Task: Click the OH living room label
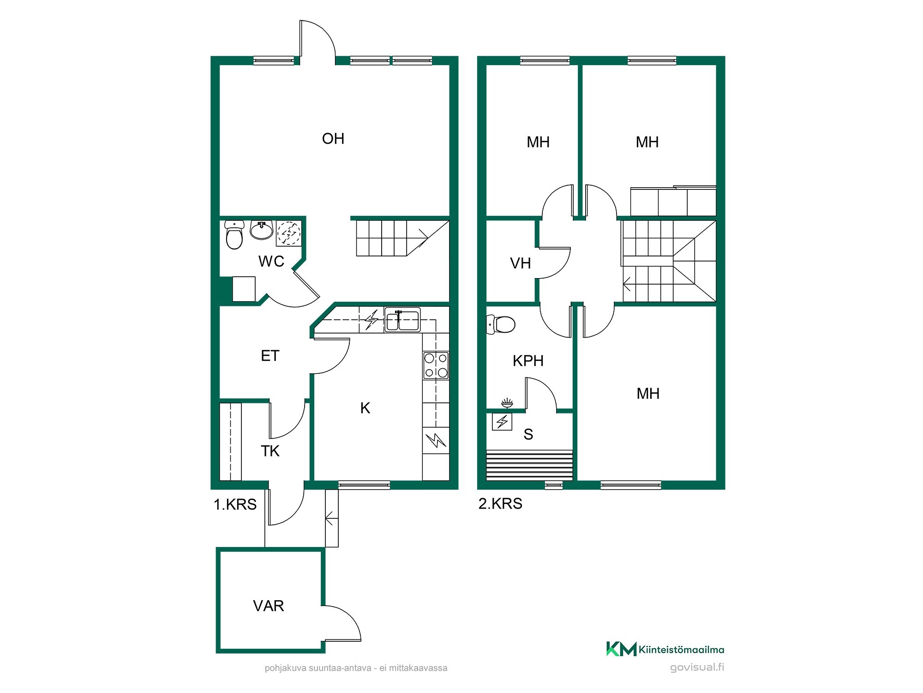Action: click(333, 139)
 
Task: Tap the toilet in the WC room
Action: click(234, 235)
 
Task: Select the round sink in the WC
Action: click(262, 230)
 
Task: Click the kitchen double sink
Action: click(402, 320)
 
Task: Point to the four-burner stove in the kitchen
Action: click(436, 365)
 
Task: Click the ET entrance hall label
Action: click(270, 356)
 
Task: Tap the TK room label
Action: click(270, 451)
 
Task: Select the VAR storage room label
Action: click(269, 606)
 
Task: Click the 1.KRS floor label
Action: click(235, 505)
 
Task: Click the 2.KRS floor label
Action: click(500, 504)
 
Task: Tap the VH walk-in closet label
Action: click(520, 263)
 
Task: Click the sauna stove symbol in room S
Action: click(502, 421)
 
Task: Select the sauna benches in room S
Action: click(529, 465)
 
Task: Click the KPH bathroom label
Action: click(528, 361)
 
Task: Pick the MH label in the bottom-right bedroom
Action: click(648, 394)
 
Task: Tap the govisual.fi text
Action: click(697, 667)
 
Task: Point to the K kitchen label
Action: click(365, 408)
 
